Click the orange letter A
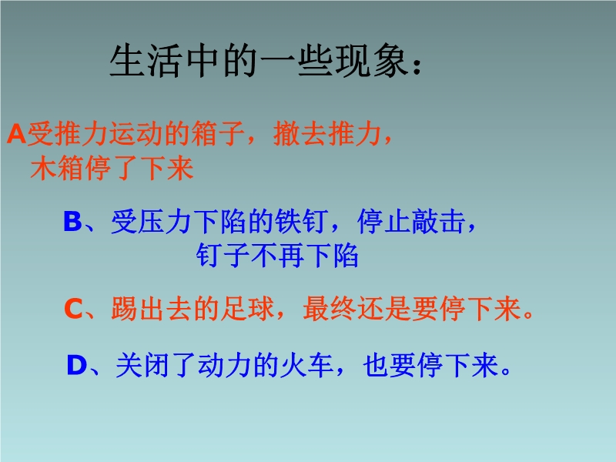pos(16,134)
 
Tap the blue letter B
pos(72,221)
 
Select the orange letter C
pos(73,309)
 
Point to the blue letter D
pos(77,365)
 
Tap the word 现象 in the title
pos(370,61)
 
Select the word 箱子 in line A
pos(218,134)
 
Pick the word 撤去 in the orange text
pos(300,134)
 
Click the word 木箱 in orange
pos(57,168)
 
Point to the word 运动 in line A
pos(136,134)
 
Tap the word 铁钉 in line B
pos(301,221)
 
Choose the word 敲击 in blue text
pos(438,221)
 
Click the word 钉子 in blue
pos(223,256)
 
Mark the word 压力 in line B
pos(165,221)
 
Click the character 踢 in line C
pos(124,309)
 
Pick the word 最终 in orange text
pos(330,309)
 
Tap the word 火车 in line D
pos(306,365)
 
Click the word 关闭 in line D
pos(142,365)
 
